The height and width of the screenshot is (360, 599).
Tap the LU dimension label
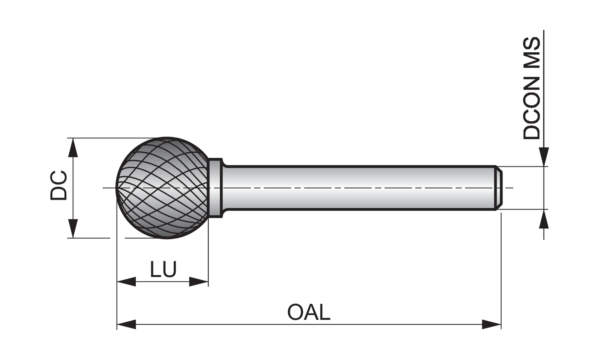(x=163, y=269)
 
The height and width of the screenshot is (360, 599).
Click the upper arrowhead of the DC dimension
(x=72, y=147)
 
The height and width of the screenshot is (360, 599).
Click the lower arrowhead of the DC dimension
(x=72, y=229)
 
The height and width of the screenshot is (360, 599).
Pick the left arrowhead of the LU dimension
(x=126, y=282)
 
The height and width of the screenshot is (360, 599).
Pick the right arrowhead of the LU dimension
(x=199, y=282)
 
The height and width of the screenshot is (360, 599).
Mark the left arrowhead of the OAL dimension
(x=126, y=324)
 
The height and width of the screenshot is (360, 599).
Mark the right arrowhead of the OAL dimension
(x=492, y=324)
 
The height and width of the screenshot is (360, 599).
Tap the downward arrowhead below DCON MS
(x=543, y=156)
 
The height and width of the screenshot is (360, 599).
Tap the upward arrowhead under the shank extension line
(x=543, y=219)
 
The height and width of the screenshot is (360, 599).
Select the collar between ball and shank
(x=215, y=188)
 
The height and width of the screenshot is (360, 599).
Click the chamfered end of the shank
(x=499, y=188)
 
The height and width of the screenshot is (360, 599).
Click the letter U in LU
(x=169, y=269)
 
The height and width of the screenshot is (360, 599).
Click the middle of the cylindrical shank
(x=359, y=188)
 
